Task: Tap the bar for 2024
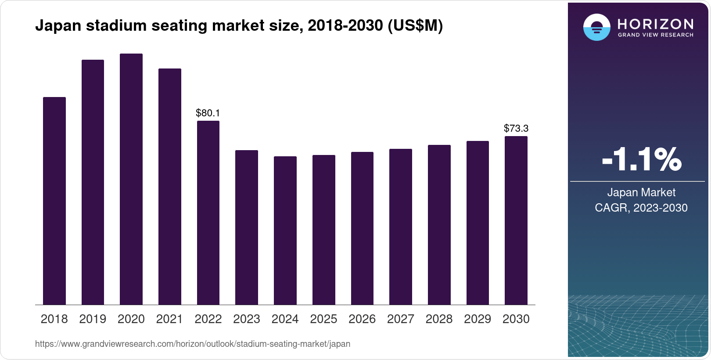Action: [285, 230]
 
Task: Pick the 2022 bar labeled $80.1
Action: [208, 212]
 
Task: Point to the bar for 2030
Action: [516, 220]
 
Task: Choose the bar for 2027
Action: [401, 227]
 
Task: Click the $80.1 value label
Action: [208, 113]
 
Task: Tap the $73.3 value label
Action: [516, 128]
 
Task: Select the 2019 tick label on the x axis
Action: [93, 319]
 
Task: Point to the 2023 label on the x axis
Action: [247, 319]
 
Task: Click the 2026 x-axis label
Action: [362, 319]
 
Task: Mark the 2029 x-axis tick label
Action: [478, 319]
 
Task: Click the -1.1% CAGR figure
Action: [641, 159]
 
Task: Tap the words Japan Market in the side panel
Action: [641, 192]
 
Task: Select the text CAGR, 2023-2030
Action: [641, 208]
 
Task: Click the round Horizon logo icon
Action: [596, 27]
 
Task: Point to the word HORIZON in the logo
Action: [655, 24]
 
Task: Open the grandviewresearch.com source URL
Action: [193, 344]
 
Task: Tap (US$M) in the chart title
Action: [415, 26]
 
